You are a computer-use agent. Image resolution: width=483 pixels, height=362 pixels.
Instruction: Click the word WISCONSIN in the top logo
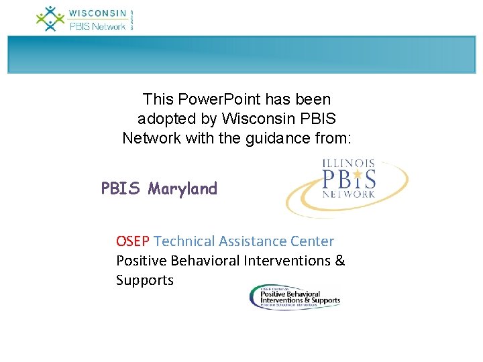point(98,13)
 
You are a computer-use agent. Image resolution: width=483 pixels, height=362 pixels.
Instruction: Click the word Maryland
point(183,189)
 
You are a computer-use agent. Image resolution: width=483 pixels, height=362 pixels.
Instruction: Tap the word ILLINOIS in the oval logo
point(349,164)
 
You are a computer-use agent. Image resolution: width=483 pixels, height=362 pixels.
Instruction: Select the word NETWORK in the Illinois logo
point(348,194)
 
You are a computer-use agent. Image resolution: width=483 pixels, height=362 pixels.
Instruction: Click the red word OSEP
point(133,241)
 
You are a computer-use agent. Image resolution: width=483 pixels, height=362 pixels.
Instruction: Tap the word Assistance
point(254,241)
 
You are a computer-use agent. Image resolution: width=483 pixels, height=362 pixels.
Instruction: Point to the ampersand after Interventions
point(339,260)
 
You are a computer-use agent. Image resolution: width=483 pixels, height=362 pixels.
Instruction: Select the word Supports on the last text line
point(144,280)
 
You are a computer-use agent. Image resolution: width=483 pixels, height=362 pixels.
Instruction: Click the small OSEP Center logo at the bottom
point(294,296)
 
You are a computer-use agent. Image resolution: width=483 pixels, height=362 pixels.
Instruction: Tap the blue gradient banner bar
point(241,54)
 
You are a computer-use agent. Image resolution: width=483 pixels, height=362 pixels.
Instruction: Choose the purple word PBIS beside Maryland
point(121,189)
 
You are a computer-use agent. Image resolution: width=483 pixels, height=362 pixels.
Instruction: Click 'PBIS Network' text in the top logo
point(98,26)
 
